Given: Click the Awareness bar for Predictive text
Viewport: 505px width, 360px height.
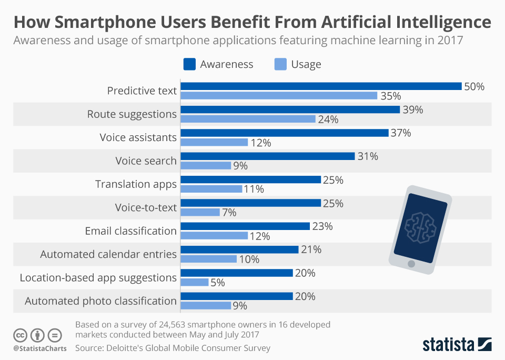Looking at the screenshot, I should pos(321,86).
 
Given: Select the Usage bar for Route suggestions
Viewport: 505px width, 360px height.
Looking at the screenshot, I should pos(248,119).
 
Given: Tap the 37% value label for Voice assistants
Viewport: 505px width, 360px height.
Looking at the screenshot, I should pos(401,133).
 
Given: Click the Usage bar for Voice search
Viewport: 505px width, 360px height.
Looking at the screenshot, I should pos(206,165).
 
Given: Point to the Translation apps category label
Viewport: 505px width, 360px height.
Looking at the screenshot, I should pos(136,184).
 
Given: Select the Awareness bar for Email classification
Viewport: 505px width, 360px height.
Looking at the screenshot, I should pos(245,226).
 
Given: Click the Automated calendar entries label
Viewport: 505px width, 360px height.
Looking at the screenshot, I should pos(108,254).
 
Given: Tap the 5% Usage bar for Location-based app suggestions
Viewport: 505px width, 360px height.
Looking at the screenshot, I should pos(195,282).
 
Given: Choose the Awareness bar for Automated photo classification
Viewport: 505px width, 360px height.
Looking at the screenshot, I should pos(237,296).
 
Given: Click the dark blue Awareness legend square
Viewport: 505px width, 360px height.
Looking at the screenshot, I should pos(189,64).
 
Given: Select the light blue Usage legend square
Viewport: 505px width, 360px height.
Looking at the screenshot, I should pos(280,64).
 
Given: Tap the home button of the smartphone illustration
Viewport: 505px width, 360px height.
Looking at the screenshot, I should pos(411,263).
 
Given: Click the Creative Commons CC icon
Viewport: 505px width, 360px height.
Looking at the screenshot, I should pos(20,335).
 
